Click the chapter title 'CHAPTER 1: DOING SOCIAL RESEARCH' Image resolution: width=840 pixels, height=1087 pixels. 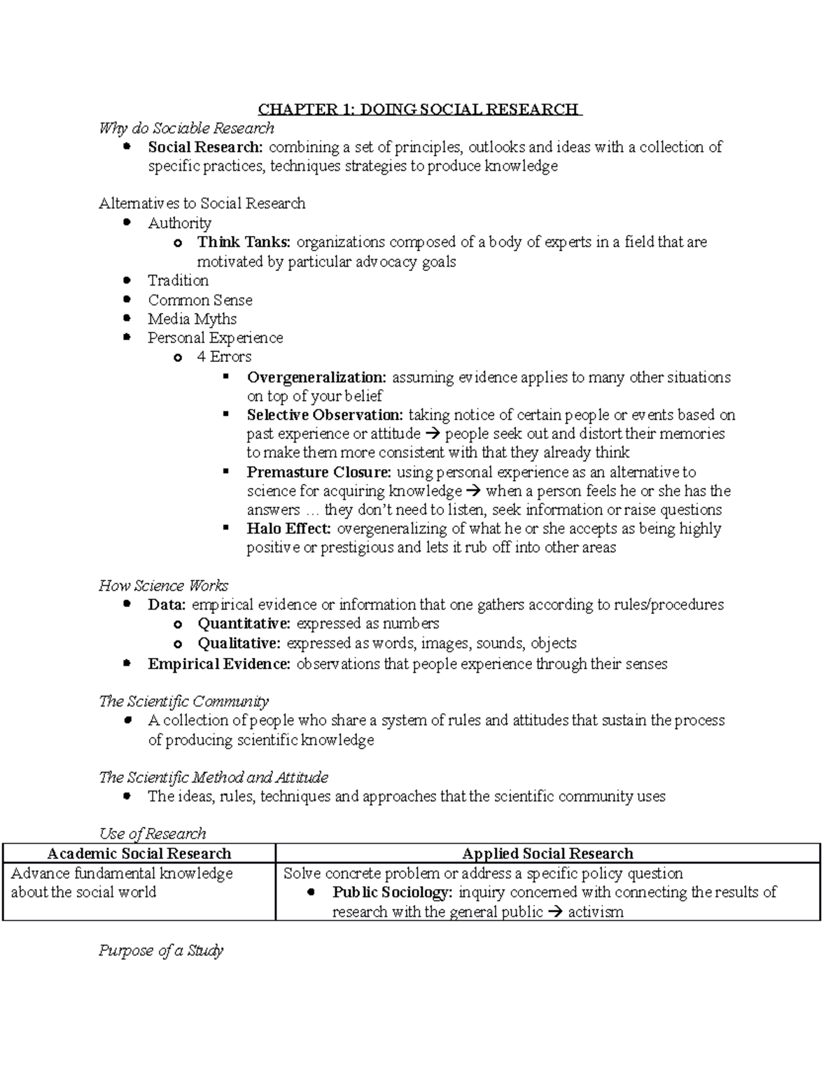point(419,109)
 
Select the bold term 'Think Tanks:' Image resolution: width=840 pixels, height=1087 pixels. point(244,242)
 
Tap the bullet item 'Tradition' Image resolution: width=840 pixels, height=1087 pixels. point(178,281)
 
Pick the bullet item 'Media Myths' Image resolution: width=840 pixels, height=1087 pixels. point(192,319)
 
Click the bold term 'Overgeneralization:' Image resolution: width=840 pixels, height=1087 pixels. point(316,377)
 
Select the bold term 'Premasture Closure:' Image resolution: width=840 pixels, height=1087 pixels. point(318,472)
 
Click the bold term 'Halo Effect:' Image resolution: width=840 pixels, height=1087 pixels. point(288,529)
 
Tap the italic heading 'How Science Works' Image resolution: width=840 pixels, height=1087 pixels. point(164,586)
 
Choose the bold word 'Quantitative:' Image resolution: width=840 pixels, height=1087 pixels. point(244,624)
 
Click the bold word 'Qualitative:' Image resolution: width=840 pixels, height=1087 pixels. point(239,643)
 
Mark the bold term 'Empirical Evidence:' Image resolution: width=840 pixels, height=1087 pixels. point(218,664)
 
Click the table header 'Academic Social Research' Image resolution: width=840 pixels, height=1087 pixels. point(139,853)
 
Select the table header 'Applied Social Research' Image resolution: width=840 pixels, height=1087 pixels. point(547,853)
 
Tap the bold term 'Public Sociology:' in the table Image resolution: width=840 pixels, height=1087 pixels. point(392,892)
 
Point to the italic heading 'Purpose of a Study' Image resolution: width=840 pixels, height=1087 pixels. point(161,951)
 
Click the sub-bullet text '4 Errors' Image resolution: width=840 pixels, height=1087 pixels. point(224,357)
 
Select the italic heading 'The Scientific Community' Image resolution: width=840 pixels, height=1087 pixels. point(183,701)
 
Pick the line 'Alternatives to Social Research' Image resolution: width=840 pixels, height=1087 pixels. point(202,204)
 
